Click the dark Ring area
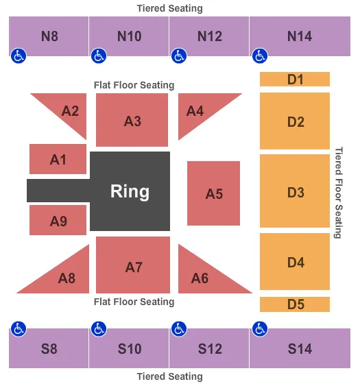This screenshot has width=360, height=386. pyautogui.click(x=130, y=191)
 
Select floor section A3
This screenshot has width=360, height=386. pyautogui.click(x=132, y=120)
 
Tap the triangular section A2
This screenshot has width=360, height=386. pyautogui.click(x=69, y=111)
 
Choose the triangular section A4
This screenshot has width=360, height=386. pyautogui.click(x=197, y=110)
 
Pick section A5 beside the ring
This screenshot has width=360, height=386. pyautogui.click(x=214, y=193)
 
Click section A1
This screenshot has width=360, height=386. pyautogui.click(x=58, y=159)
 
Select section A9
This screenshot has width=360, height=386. pyautogui.click(x=58, y=220)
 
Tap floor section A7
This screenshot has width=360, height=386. pyautogui.click(x=133, y=266)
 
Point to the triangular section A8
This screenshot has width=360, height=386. pyautogui.click(x=67, y=277)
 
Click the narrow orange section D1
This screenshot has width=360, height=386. pyautogui.click(x=295, y=80)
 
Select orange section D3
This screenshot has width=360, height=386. pyautogui.click(x=295, y=191)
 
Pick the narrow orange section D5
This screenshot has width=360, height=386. pyautogui.click(x=295, y=304)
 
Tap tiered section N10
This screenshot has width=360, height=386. pyautogui.click(x=129, y=36)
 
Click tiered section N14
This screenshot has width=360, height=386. pyautogui.click(x=299, y=36)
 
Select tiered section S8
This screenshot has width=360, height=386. pyautogui.click(x=49, y=348)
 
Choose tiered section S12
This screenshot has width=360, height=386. pyautogui.click(x=209, y=348)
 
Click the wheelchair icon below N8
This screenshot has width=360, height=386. pyautogui.click(x=18, y=56)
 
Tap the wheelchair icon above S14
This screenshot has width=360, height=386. pyautogui.click(x=259, y=328)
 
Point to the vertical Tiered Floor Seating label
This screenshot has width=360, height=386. pyautogui.click(x=338, y=192)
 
